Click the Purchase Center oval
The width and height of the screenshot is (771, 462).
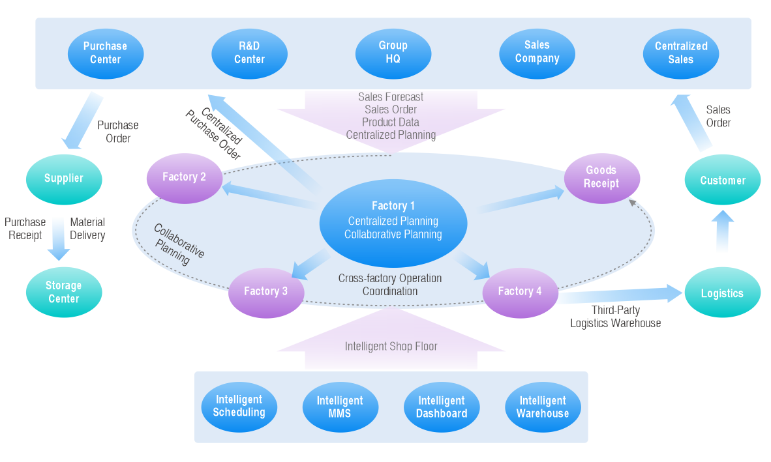pos(105,53)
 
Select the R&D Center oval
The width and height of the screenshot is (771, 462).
pos(249,53)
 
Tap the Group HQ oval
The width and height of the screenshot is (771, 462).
pos(393,52)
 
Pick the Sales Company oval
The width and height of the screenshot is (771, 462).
pos(537,52)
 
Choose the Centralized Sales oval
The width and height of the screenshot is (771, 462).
pos(681,53)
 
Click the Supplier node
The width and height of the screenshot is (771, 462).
pos(64,178)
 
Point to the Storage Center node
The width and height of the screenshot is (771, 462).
pos(63,292)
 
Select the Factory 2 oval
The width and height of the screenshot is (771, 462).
pos(184,177)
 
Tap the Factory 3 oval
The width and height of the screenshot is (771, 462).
pos(265,291)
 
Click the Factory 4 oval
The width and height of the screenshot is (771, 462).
pos(520,291)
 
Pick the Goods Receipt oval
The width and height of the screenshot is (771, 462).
pos(601,177)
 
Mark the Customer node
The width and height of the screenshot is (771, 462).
pos(722,180)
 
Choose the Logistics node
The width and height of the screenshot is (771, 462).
pos(722,293)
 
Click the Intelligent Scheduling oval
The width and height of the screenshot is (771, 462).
pos(239,406)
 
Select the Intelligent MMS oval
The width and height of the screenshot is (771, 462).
pos(340,407)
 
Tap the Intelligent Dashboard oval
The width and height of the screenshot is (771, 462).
pos(442,407)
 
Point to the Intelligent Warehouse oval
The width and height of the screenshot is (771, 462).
pos(543,407)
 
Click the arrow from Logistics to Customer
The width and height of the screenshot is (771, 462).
pos(723,231)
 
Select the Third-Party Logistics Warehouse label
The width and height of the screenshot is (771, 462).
pos(615,317)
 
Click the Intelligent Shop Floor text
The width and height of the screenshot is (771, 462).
pos(391,347)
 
